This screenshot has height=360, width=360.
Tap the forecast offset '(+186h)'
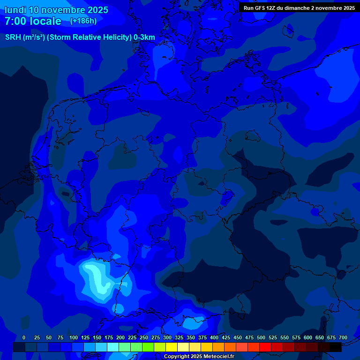click(83, 21)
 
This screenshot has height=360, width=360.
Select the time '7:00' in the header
click(15, 21)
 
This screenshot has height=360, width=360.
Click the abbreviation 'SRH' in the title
click(13, 37)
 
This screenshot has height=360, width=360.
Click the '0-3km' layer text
click(144, 37)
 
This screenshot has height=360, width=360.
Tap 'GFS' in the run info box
click(260, 8)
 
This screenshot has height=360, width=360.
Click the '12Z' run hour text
click(272, 8)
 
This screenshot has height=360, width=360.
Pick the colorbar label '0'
click(24, 337)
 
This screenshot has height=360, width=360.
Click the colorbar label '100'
click(74, 337)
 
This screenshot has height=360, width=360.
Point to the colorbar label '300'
click(167, 337)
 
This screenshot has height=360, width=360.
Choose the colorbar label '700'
click(343, 337)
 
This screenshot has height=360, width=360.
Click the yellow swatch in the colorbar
click(172, 347)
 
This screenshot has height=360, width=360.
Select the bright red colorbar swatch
click(265, 347)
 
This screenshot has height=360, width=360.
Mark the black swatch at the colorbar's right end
click(336, 347)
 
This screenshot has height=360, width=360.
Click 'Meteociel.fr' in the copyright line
click(217, 357)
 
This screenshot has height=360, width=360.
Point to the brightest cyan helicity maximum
click(96, 277)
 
